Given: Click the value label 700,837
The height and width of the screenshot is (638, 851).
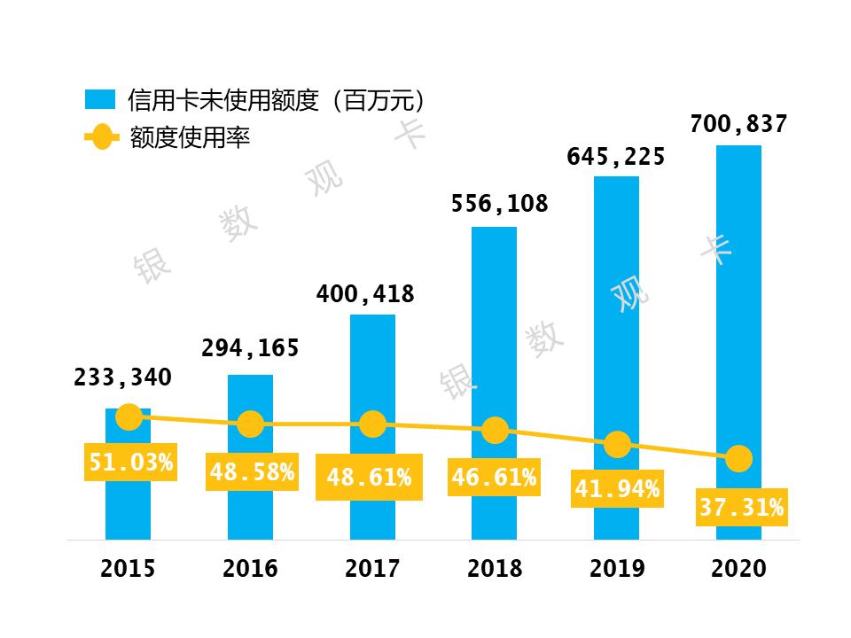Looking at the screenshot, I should coord(738,124).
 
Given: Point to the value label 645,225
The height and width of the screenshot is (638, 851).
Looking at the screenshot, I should coord(616,158).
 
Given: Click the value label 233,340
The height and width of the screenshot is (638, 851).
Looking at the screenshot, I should coord(122,377).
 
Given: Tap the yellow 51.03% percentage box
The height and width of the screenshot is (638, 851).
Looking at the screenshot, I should coord(130,461).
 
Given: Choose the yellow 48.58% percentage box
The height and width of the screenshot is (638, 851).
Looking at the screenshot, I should coord(252,472).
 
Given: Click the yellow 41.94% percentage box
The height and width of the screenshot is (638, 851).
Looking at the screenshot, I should coord(617,487).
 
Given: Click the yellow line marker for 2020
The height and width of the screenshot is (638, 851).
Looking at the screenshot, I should coord(738,458).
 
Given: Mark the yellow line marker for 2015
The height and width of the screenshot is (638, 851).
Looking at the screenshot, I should coord(129,416).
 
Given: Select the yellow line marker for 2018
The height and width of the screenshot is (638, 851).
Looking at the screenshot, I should coord(495,431).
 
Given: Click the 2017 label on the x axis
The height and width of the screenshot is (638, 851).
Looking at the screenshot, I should coord(372,568).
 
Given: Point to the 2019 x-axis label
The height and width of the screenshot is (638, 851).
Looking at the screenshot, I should coord(617,568).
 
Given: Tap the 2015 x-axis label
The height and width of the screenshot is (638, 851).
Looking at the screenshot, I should coord(128,568).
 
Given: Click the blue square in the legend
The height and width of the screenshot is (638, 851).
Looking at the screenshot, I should coord(101,99).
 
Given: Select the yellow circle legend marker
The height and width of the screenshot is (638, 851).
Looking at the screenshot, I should coord(101,137).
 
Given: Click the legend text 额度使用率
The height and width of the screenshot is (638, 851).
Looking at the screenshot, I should coord(190,138).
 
